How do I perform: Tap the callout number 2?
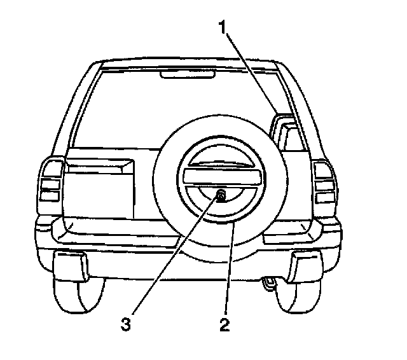(x=224, y=325)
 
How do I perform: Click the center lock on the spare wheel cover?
(x=221, y=195)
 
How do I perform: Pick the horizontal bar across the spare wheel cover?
(x=221, y=176)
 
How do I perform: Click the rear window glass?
(x=127, y=108)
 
